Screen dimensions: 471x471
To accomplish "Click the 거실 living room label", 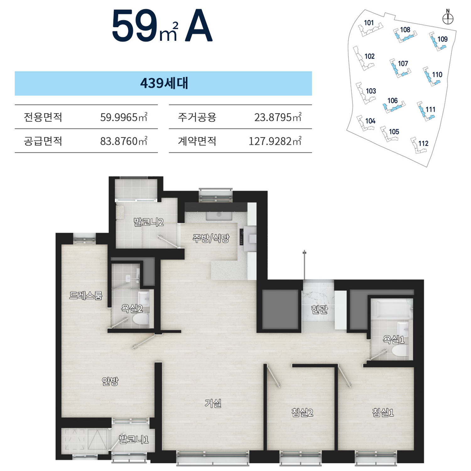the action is click(213, 403).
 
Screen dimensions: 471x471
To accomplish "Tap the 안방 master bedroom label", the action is click(110, 381).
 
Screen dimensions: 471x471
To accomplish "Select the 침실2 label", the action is click(302, 412).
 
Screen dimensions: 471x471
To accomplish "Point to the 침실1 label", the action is click(383, 412).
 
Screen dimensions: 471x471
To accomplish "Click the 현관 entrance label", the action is click(320, 310).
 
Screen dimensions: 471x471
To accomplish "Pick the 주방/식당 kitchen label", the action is click(211, 238).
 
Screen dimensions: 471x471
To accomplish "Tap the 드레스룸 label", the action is click(86, 295).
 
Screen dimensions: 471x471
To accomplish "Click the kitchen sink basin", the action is click(219, 216).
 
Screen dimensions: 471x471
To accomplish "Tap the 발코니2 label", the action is click(149, 222).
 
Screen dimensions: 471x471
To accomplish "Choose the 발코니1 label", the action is click(134, 439).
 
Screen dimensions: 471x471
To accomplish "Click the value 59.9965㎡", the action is click(124, 117).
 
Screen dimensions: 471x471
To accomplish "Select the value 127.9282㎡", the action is click(275, 141).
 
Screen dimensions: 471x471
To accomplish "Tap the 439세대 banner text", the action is click(164, 83).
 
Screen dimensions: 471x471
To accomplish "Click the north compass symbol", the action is click(448, 19).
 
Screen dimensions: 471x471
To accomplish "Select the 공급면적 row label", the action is click(43, 141).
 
